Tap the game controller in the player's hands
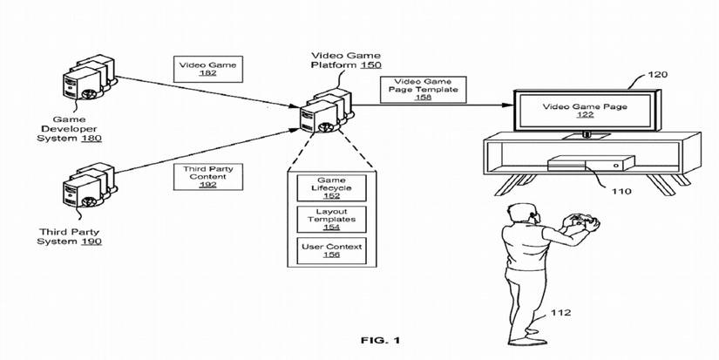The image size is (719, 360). coord(582,223)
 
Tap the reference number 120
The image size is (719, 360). coord(659,75)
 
